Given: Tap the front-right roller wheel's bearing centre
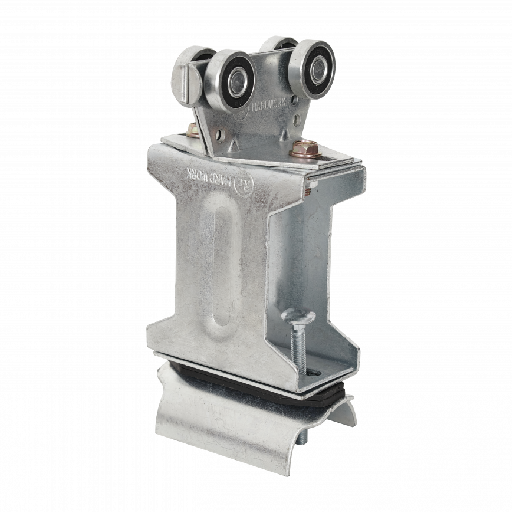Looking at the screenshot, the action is point(317,70).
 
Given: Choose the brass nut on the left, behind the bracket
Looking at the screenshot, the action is point(193,129).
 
